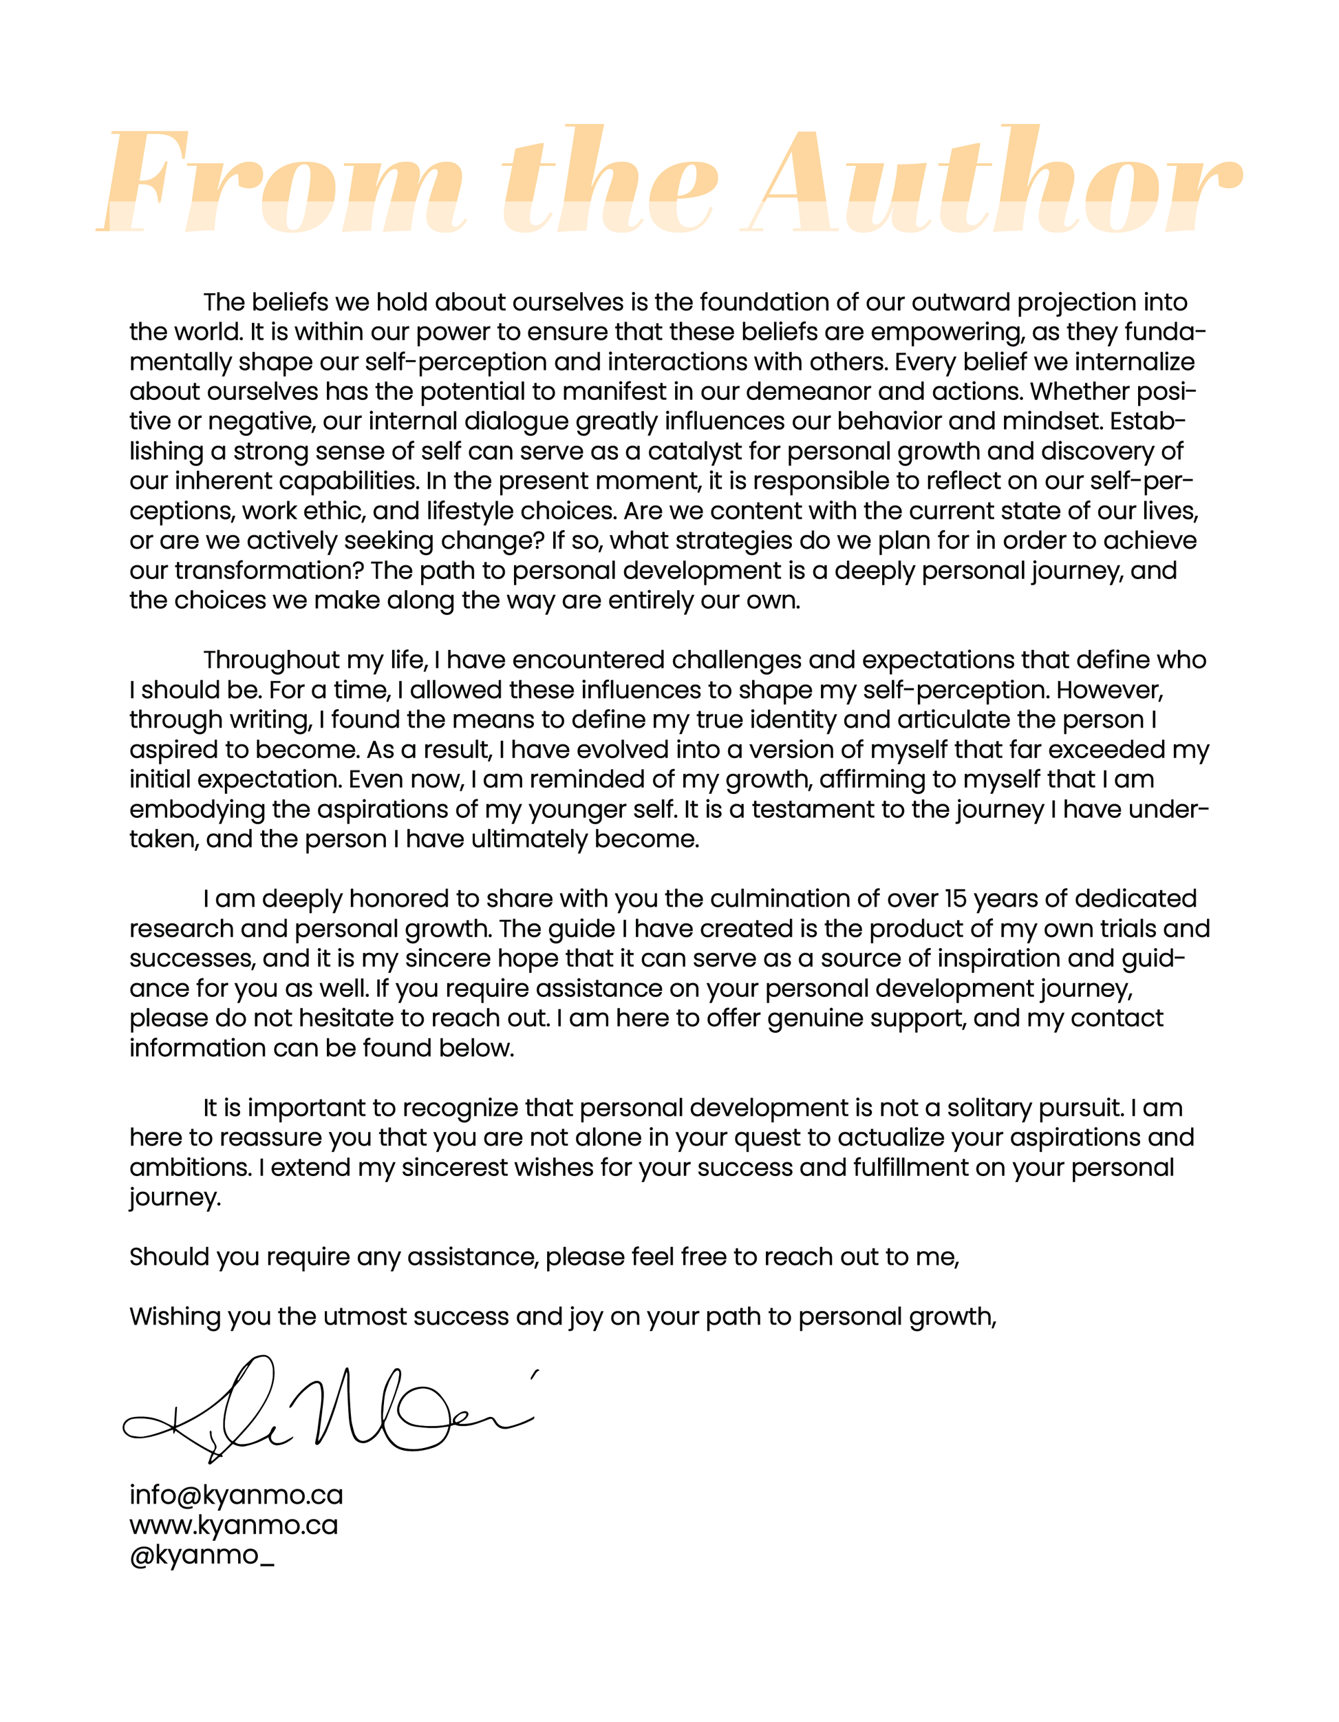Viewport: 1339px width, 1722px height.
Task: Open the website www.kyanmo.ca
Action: click(x=233, y=1525)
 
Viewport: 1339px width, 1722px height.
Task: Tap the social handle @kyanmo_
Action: click(x=202, y=1555)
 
